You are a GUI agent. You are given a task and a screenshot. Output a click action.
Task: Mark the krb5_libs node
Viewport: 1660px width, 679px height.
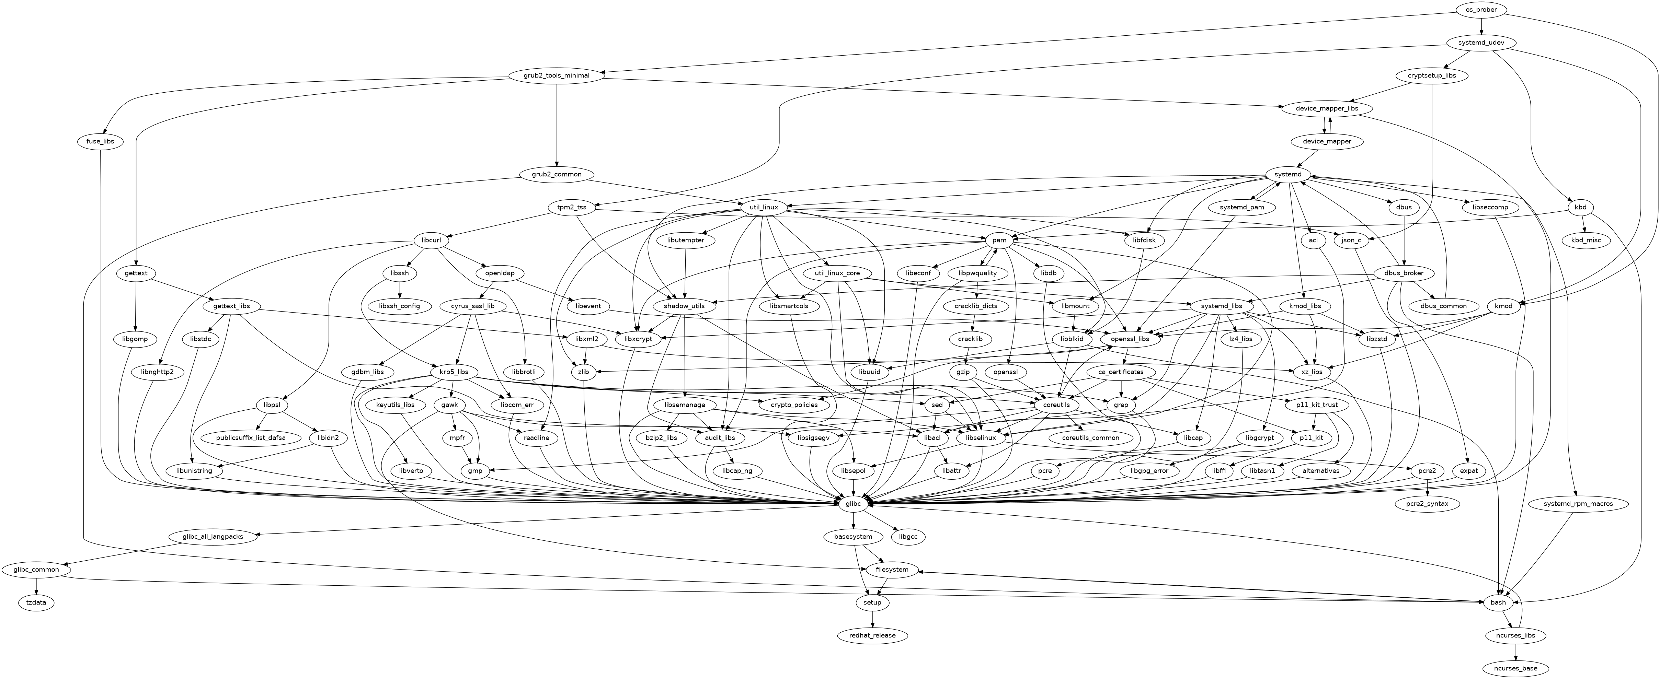pyautogui.click(x=454, y=372)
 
